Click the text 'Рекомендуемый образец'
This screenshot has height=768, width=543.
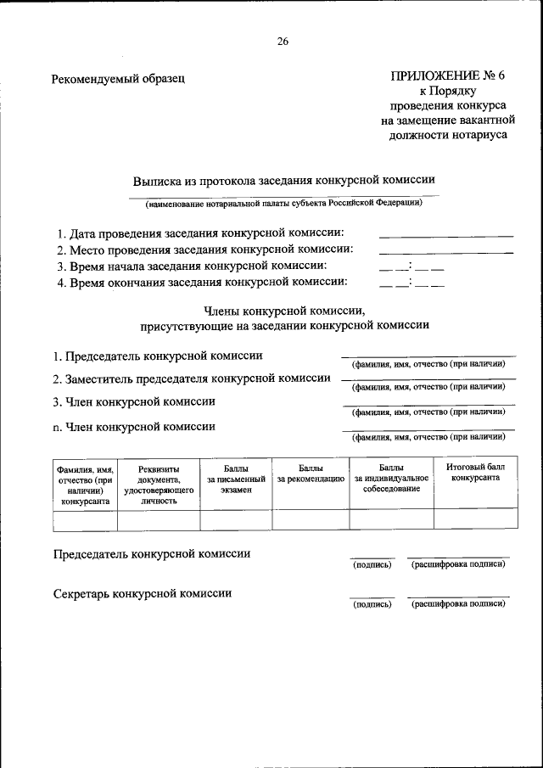[118, 79]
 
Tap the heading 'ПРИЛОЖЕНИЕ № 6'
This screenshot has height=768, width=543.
[447, 76]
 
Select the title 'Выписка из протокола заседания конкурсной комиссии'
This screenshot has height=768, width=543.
[283, 181]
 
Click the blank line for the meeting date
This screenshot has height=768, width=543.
[445, 233]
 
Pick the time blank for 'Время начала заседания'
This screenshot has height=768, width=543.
[411, 266]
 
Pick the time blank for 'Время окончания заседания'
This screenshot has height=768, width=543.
[411, 283]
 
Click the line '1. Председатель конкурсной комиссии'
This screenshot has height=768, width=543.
[157, 356]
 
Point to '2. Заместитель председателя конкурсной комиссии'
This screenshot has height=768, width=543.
[191, 378]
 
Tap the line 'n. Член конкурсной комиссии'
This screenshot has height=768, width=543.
[133, 427]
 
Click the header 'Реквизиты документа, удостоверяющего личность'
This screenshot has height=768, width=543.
[158, 484]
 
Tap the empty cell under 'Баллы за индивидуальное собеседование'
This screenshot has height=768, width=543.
[391, 519]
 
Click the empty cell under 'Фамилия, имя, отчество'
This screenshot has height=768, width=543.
[84, 519]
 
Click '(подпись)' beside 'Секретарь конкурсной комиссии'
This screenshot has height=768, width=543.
[372, 604]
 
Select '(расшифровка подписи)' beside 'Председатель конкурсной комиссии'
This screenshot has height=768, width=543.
[458, 564]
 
